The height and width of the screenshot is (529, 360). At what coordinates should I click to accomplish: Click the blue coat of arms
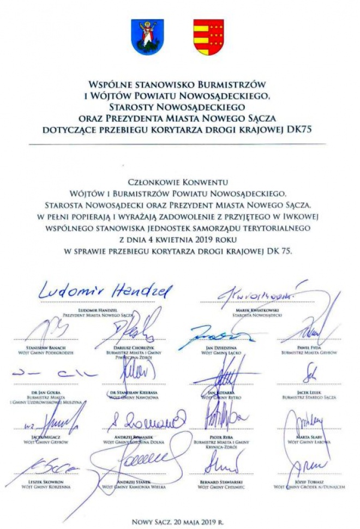tap(147, 37)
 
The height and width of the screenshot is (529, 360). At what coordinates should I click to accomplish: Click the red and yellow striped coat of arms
tap(208, 37)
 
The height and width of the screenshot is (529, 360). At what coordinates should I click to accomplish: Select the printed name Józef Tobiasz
tap(309, 482)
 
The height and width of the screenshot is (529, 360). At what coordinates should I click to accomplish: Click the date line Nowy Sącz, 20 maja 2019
tap(178, 521)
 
